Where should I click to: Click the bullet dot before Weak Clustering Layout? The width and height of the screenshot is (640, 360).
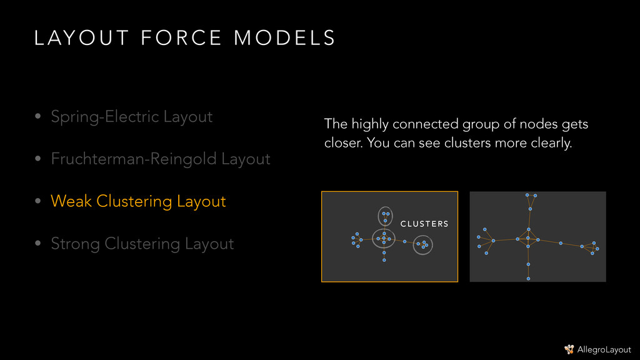[x=38, y=202]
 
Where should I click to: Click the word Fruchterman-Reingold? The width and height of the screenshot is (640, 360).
[x=134, y=159]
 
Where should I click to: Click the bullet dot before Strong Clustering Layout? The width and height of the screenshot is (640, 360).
[x=38, y=244]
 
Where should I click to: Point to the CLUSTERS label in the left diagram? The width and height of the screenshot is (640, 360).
[x=424, y=224]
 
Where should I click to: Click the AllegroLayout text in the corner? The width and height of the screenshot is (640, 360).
[x=604, y=349]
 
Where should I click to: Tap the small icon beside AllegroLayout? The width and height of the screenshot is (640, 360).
[x=569, y=349]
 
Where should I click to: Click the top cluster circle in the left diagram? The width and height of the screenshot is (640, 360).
[x=386, y=216]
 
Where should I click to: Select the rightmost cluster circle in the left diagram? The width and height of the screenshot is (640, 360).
[x=423, y=244]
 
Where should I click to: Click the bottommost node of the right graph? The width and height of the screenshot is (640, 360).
[x=528, y=279]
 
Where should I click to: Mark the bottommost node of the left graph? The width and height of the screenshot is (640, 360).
[x=384, y=260]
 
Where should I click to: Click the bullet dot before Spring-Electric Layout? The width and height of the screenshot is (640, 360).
[x=38, y=117]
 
